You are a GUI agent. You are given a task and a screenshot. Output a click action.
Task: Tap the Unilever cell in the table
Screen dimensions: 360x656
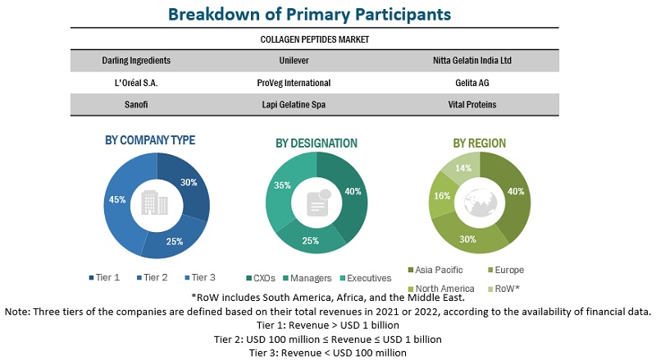click(x=294, y=61)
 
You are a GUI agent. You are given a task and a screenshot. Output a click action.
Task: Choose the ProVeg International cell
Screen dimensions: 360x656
click(x=294, y=83)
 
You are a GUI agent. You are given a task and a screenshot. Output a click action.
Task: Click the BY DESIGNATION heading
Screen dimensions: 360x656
click(x=317, y=144)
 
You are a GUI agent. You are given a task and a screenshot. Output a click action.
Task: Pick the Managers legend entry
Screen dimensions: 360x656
click(x=309, y=278)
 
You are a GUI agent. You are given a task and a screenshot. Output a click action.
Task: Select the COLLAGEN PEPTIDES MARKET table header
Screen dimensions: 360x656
click(x=316, y=39)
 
